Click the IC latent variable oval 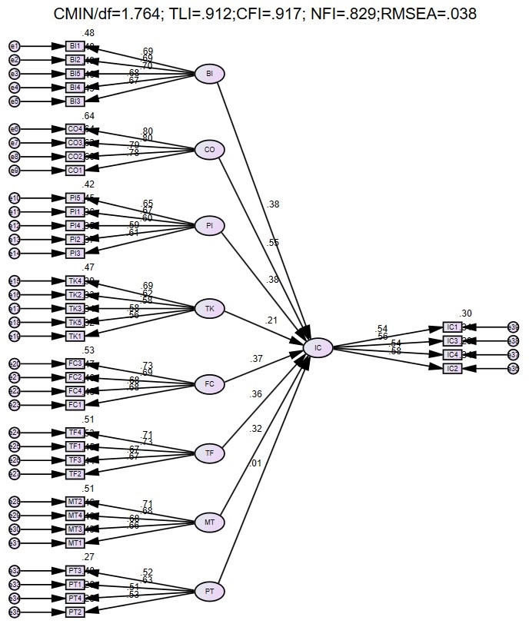pyautogui.click(x=318, y=348)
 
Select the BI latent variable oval pyautogui.click(x=209, y=75)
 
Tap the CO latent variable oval pyautogui.click(x=209, y=150)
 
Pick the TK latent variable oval pyautogui.click(x=209, y=308)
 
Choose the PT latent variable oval pyautogui.click(x=209, y=592)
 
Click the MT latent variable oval pyautogui.click(x=209, y=522)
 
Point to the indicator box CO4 pyautogui.click(x=75, y=129)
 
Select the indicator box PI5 pyautogui.click(x=75, y=198)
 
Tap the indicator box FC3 pyautogui.click(x=75, y=363)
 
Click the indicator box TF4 pyautogui.click(x=75, y=432)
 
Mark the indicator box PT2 pyautogui.click(x=75, y=612)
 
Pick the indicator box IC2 pyautogui.click(x=453, y=369)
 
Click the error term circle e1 pyautogui.click(x=14, y=47)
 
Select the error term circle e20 pyautogui.click(x=14, y=363)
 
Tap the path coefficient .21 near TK pyautogui.click(x=271, y=320)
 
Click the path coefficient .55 pyautogui.click(x=273, y=243)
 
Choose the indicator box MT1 pyautogui.click(x=75, y=542)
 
